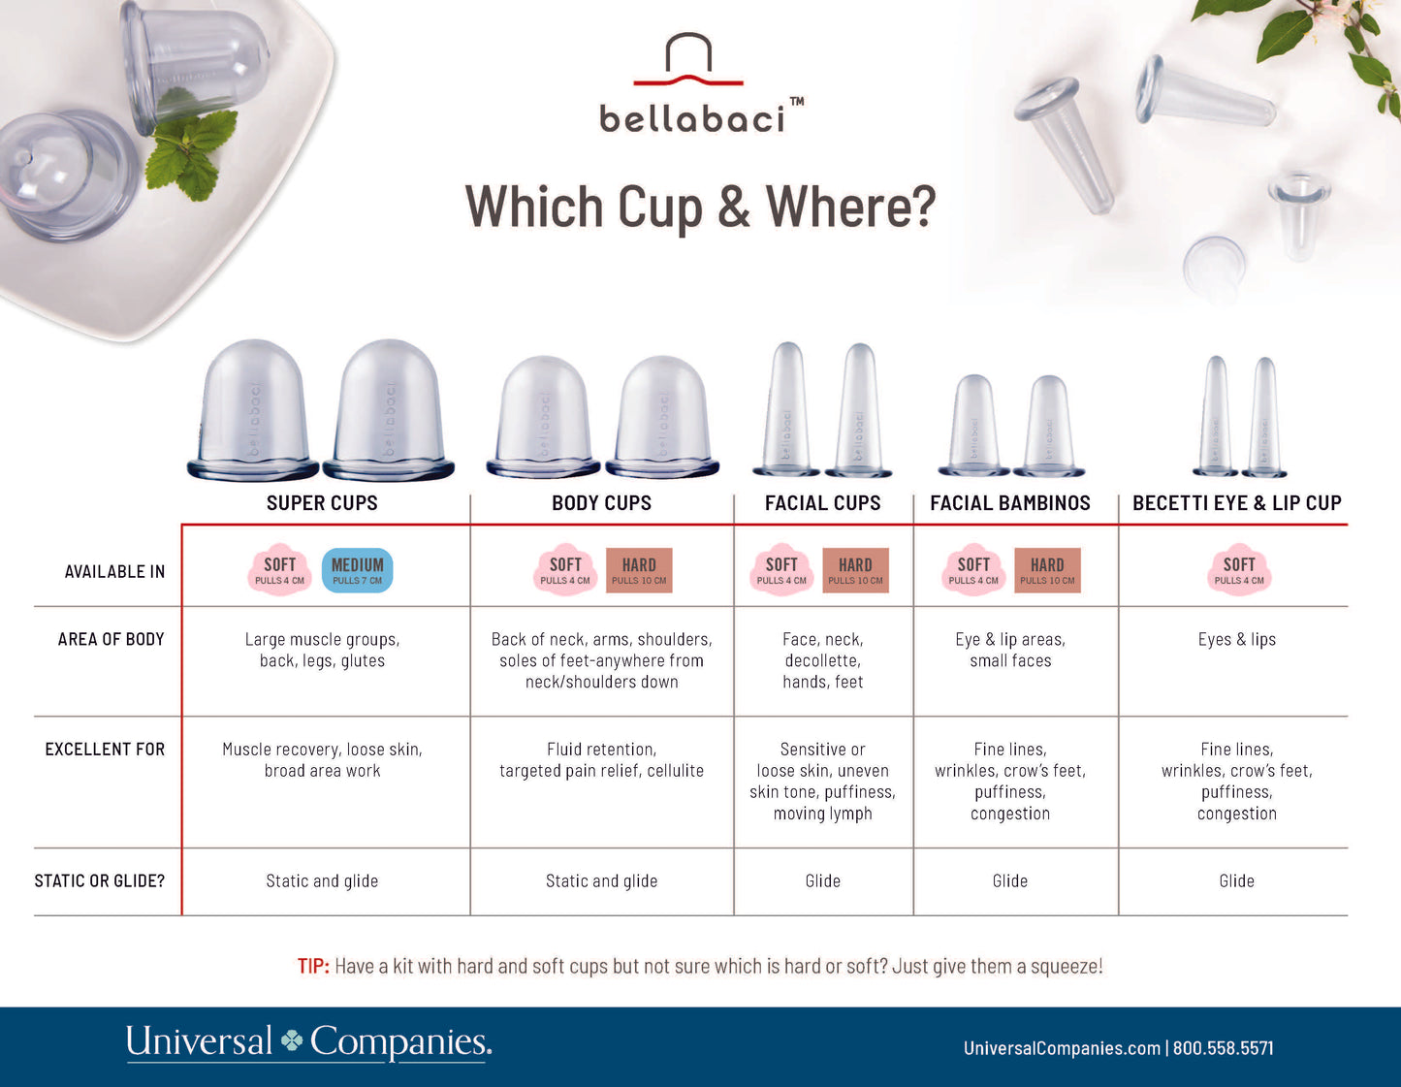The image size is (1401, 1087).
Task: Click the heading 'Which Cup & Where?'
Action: pos(700,207)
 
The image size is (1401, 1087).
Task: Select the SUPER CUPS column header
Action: pos(322,503)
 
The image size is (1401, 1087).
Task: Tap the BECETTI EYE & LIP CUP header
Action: pos(1236,503)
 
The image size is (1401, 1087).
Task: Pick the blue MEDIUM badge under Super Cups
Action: pos(357,570)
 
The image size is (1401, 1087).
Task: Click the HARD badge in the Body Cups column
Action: pos(639,570)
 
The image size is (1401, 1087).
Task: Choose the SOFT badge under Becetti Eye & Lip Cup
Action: pos(1239,570)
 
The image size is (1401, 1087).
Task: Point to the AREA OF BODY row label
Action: pos(111,640)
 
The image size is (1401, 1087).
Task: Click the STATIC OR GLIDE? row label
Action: pos(99,881)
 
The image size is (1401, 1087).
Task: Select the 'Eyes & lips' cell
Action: pos(1236,640)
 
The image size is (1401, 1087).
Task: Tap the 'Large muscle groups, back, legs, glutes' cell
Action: pos(322,651)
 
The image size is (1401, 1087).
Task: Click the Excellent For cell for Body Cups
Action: pos(601,760)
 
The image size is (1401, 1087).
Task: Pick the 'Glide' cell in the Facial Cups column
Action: pos(822,881)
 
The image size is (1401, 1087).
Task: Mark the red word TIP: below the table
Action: pos(313,967)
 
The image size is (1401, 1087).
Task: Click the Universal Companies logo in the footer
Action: pos(308,1043)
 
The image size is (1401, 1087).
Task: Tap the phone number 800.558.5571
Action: pos(1224,1048)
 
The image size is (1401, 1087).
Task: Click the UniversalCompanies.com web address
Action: pos(1062,1048)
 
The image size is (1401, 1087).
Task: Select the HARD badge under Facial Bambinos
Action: pos(1047,570)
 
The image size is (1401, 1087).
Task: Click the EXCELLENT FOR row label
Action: pos(105,750)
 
